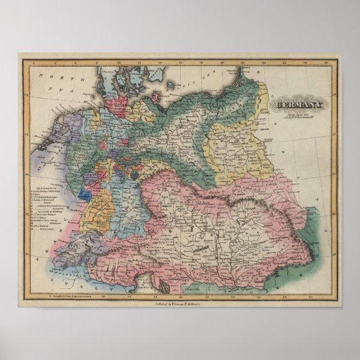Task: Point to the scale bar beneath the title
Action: pyautogui.click(x=292, y=119)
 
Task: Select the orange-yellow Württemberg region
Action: pyautogui.click(x=98, y=207)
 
